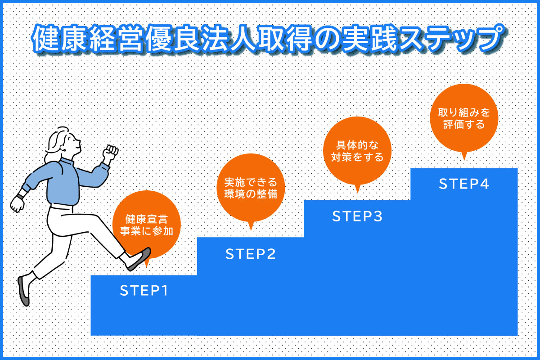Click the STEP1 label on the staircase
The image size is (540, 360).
coord(144,290)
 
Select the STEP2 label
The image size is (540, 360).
coord(251,254)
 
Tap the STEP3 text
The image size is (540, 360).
coord(357,216)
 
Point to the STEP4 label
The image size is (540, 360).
coord(464,184)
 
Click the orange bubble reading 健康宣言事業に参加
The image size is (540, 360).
coord(147,224)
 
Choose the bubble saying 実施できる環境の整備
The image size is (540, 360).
coord(251,188)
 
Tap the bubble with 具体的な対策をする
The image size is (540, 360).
coord(357,151)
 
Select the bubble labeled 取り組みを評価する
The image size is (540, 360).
coord(464,118)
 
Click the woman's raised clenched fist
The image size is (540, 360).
coord(110,152)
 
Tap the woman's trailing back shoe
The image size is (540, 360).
coord(23,291)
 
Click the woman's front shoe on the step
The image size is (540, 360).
coord(139,259)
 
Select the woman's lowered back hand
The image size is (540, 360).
coord(18,204)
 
